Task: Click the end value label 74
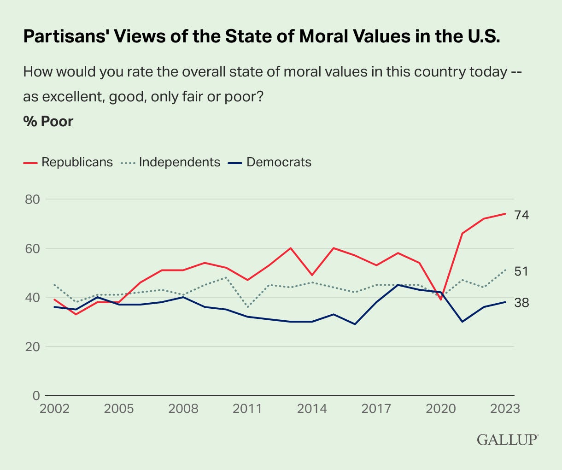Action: pos(522,215)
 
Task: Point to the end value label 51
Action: pos(521,271)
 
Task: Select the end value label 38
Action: pos(522,303)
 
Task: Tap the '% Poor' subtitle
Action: pos(48,121)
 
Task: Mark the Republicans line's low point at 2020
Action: pos(441,300)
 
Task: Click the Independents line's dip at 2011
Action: pos(248,307)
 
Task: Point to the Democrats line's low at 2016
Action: pos(355,324)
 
